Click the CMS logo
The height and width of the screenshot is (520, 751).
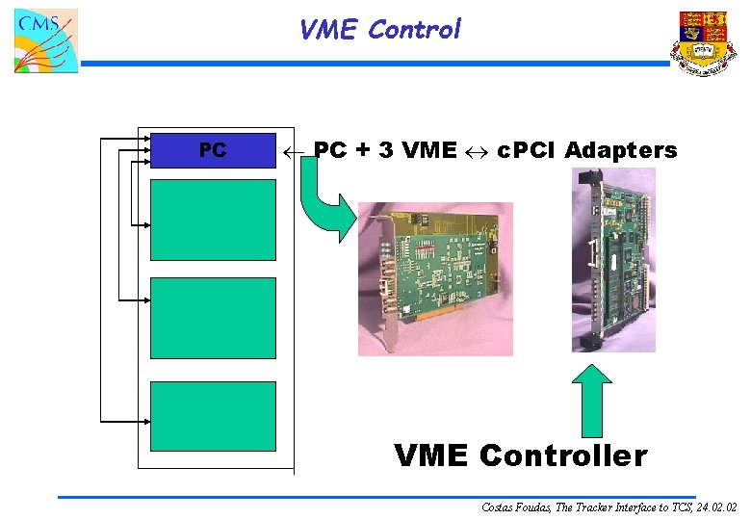click(x=44, y=40)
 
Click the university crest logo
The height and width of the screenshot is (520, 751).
click(x=704, y=43)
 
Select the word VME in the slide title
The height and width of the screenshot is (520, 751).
click(x=328, y=30)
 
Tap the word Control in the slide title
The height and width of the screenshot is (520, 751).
click(x=414, y=30)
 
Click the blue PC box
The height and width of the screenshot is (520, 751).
click(x=213, y=150)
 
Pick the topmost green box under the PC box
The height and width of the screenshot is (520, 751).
click(x=213, y=220)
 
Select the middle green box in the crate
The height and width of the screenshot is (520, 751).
click(x=213, y=317)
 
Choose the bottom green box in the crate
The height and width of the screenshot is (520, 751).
click(x=213, y=415)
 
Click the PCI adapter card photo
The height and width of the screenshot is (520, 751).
click(x=435, y=277)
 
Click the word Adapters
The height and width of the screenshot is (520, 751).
click(x=621, y=150)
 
